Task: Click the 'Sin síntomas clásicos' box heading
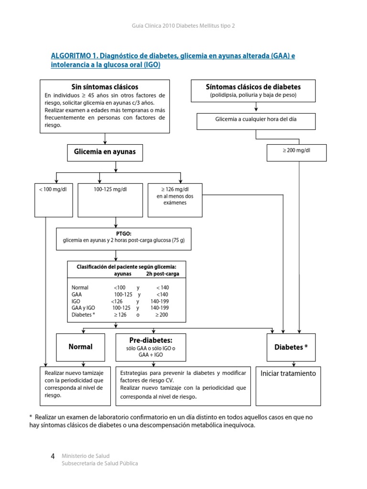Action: (105, 87)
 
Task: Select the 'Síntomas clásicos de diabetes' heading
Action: (253, 87)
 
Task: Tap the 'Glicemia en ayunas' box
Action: (105, 152)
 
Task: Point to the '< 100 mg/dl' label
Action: (46, 189)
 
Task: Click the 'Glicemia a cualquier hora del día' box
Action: (256, 119)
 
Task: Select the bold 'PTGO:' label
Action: (124, 234)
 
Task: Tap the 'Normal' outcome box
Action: (80, 347)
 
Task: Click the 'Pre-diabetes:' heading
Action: (151, 340)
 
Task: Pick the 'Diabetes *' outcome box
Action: (291, 347)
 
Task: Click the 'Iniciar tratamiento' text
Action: (288, 373)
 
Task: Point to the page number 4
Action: (53, 457)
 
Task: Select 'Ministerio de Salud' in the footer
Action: (85, 456)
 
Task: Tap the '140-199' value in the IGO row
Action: (159, 301)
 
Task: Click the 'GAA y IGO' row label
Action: (83, 308)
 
